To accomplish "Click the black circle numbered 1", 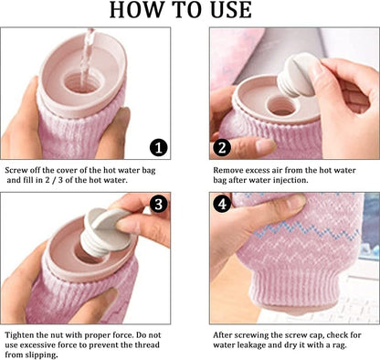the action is pos(158,148).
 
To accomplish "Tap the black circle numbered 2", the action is pos(222,148).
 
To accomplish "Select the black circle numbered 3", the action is pos(158,204).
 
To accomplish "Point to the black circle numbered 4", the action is pos(222,204).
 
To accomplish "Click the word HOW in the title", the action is pos(135,10).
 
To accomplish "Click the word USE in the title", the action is pos(231,10).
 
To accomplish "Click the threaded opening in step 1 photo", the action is pos(81,82).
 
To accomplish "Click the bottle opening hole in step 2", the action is pos(280,106).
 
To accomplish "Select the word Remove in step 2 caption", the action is pos(227,170).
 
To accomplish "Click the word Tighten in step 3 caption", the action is pos(19,335).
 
